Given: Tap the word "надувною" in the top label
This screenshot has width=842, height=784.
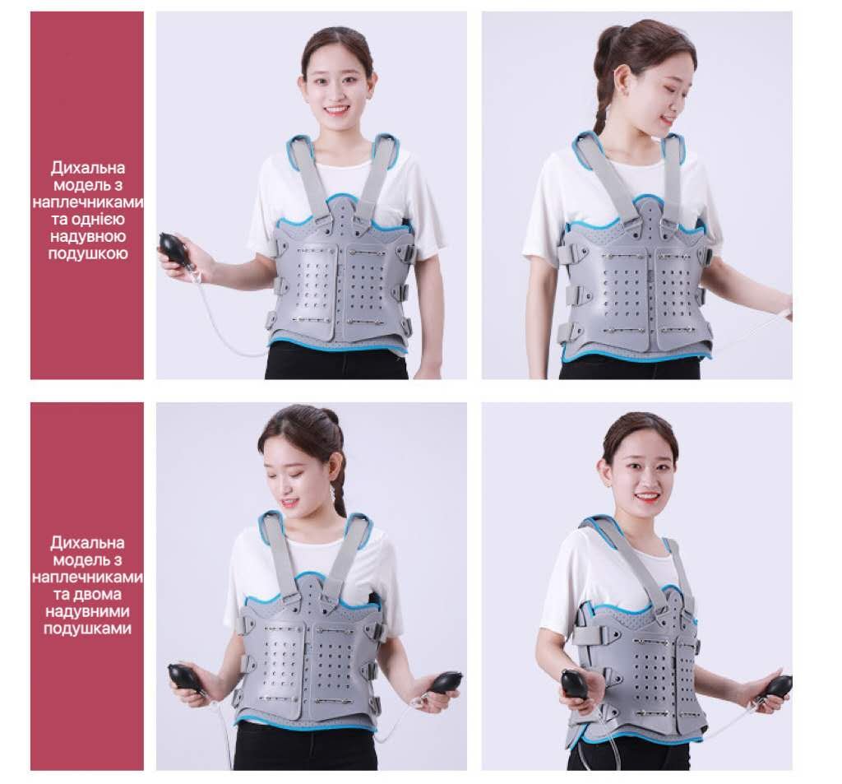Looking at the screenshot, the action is tap(88, 236).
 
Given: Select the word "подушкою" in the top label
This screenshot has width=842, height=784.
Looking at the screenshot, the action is tap(88, 253).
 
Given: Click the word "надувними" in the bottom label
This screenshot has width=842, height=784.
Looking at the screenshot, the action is tap(87, 611).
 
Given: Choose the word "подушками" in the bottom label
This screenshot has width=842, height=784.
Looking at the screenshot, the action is tap(87, 629).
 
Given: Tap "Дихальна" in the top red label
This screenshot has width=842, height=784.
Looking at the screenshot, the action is tap(88, 168).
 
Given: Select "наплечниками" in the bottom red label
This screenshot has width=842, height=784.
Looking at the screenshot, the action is tap(87, 578).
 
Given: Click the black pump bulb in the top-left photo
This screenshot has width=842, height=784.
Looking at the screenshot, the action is tap(175, 248).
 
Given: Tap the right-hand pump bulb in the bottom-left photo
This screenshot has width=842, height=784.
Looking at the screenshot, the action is tap(442, 683).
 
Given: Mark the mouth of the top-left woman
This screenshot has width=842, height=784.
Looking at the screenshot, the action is tap(337, 111).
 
